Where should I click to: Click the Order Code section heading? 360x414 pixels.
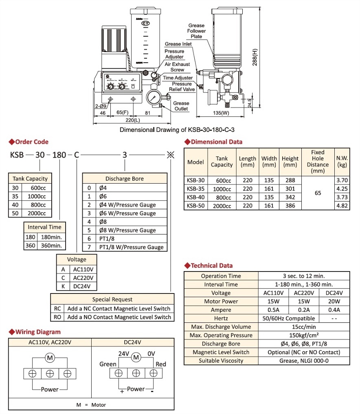[x=31, y=142]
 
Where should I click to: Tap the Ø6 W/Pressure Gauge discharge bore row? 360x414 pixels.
[x=127, y=213]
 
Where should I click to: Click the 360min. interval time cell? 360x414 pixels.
[x=50, y=245]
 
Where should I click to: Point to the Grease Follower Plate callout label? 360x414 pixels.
[x=197, y=31]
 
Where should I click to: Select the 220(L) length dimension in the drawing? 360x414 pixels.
[x=132, y=120]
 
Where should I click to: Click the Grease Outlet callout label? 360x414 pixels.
[x=181, y=106]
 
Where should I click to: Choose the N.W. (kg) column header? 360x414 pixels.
[x=341, y=162]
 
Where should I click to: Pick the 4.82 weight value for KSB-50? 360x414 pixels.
[x=341, y=206]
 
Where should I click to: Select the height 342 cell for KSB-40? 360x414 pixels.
[x=290, y=197]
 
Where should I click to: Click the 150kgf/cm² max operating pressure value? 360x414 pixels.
[x=304, y=335]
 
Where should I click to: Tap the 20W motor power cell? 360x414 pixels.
[x=334, y=302]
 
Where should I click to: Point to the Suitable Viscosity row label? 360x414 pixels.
[x=221, y=361]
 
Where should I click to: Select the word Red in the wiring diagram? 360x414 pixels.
[x=161, y=364]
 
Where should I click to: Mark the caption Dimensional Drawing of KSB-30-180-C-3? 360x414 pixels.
[x=178, y=130]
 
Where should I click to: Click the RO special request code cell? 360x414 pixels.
[x=58, y=317]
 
